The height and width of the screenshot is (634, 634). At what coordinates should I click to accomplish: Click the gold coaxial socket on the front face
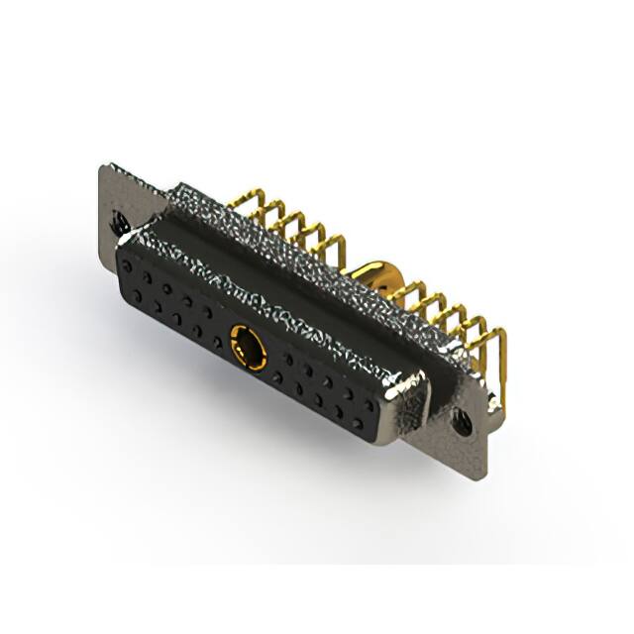tap(249, 347)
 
